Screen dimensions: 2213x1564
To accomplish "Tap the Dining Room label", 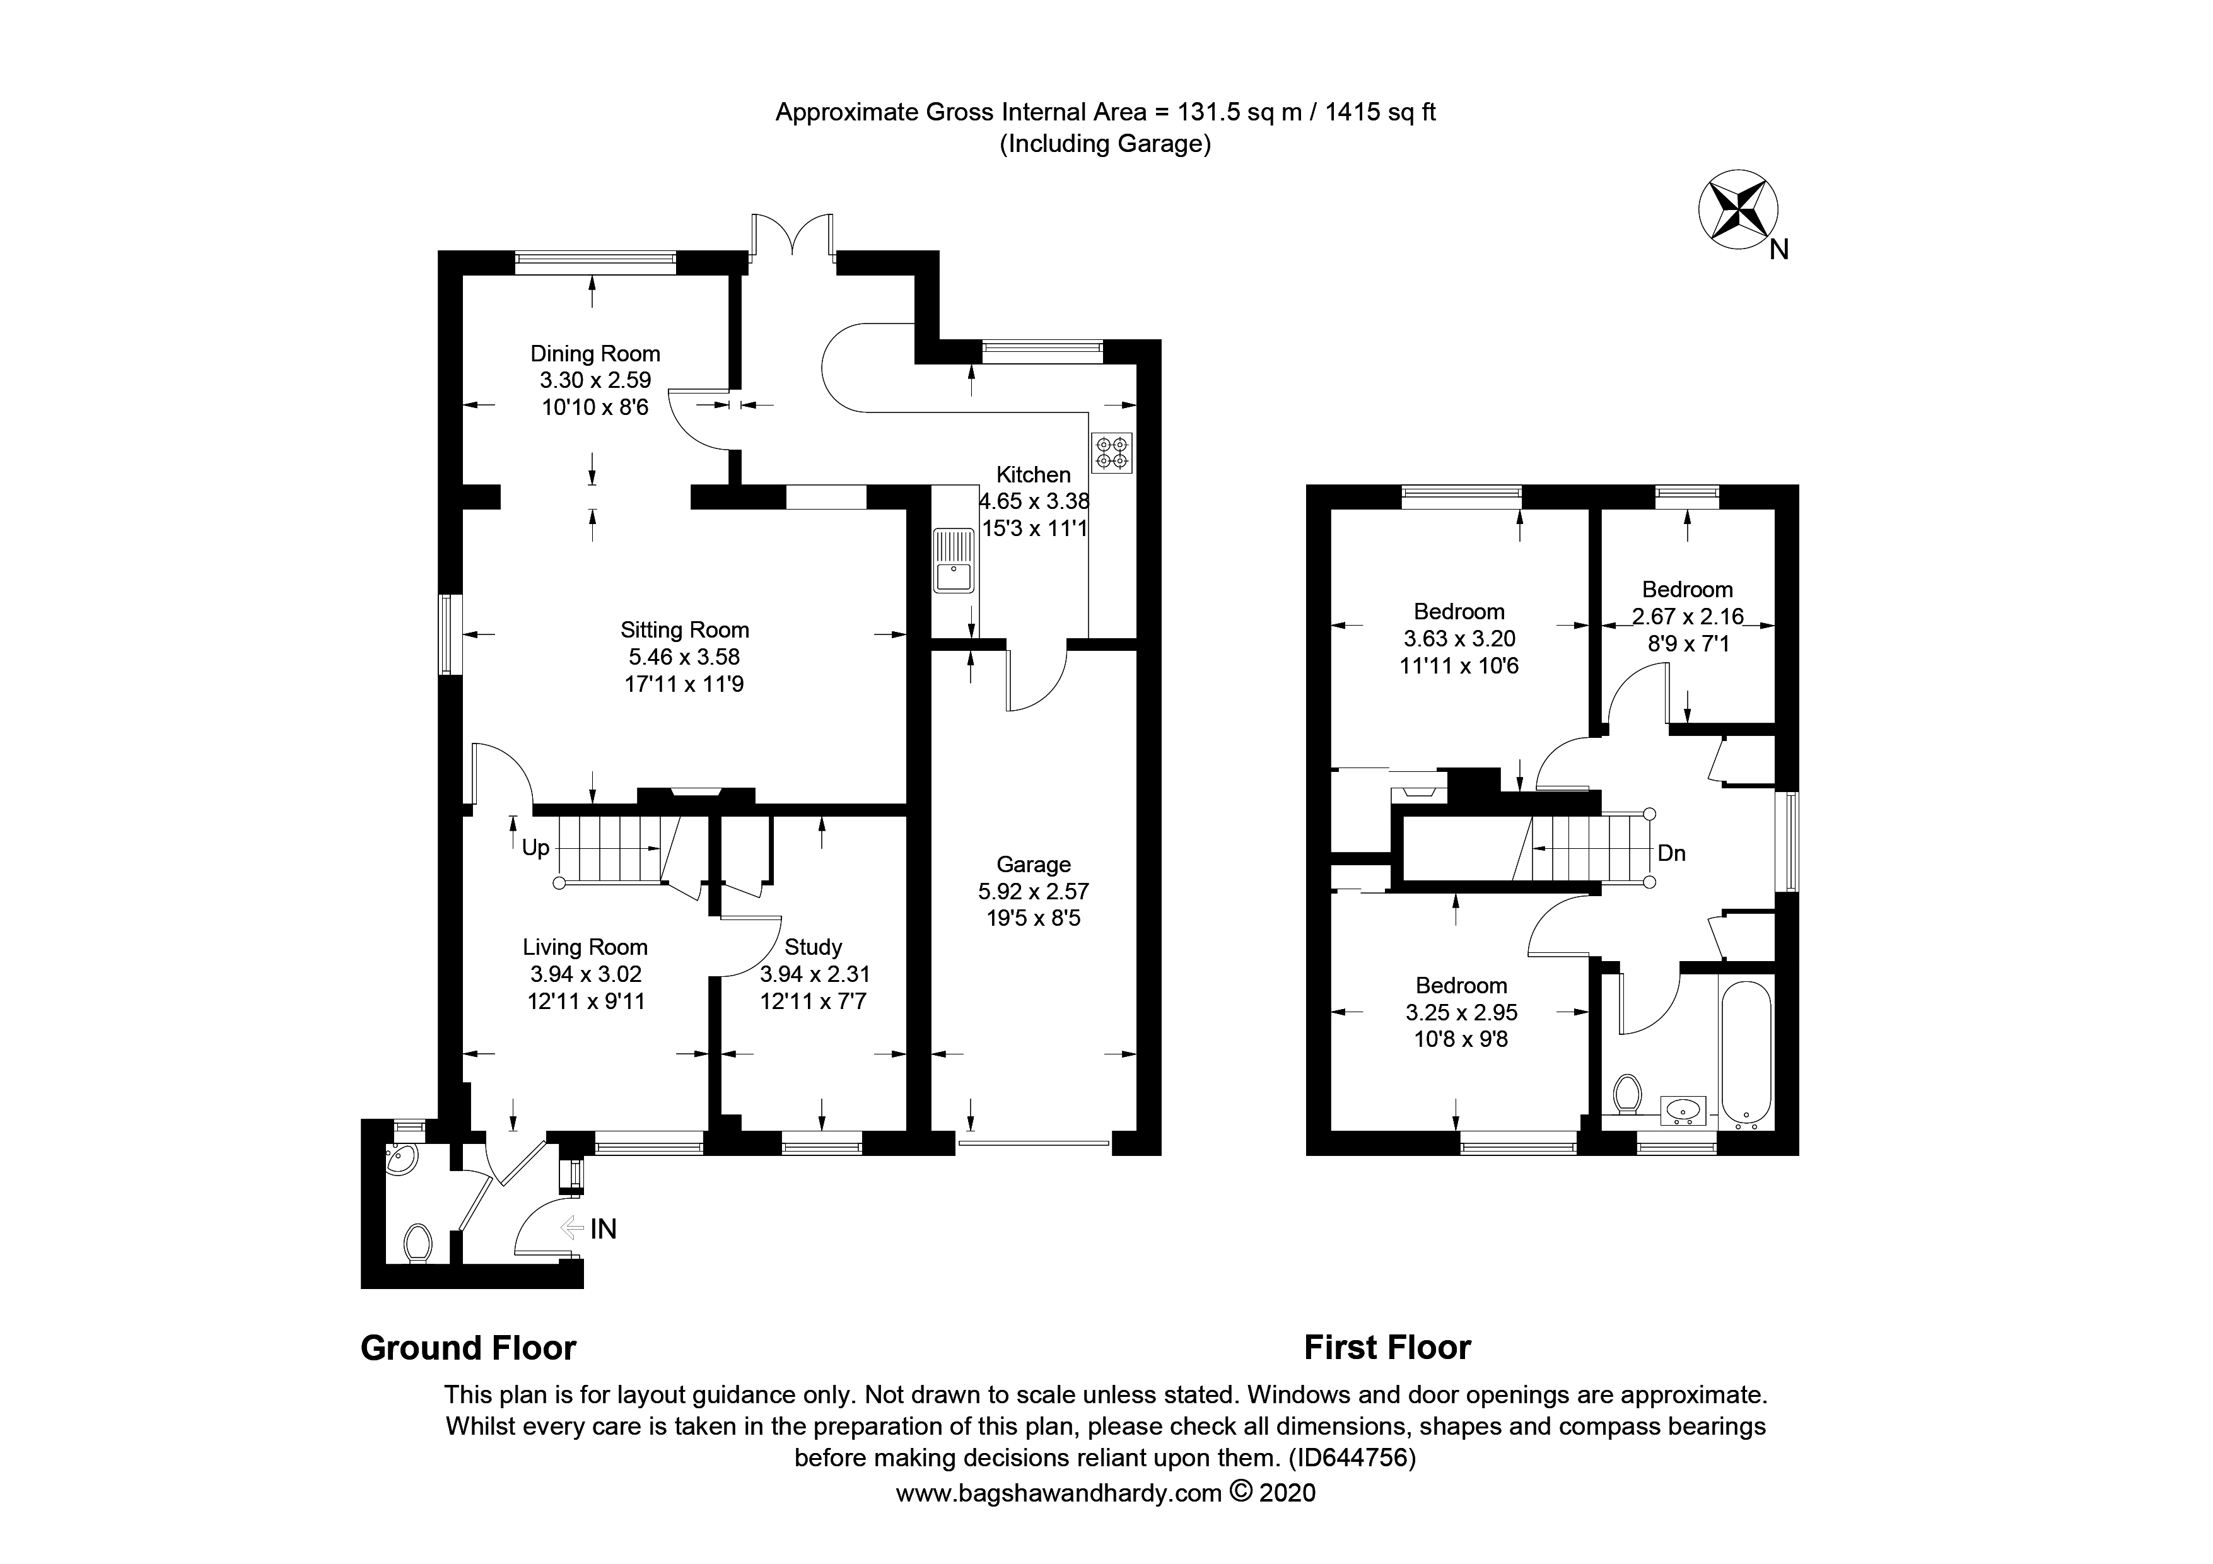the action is click(595, 354).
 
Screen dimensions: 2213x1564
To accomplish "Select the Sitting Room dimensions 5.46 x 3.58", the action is click(684, 657).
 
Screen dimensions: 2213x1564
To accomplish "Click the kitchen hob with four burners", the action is click(1111, 453).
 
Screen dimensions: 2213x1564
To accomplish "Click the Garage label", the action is click(1033, 865).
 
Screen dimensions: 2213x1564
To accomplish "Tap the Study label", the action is click(812, 947).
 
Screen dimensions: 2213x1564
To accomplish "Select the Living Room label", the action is click(585, 947).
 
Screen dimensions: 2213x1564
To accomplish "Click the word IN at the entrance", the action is click(604, 1228).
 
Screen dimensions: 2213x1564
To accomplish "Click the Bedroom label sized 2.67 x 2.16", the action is click(1687, 590).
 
